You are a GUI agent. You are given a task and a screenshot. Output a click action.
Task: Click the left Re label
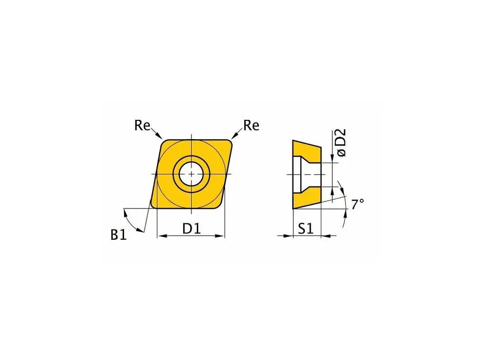tap(142, 125)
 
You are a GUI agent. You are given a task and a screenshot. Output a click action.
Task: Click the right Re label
tap(251, 125)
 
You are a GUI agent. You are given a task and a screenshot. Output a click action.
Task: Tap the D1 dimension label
tap(191, 228)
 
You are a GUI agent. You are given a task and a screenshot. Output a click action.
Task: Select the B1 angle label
tap(118, 235)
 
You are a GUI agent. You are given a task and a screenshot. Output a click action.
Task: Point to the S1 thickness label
tap(305, 228)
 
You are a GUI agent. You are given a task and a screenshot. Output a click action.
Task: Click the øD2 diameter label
tap(342, 143)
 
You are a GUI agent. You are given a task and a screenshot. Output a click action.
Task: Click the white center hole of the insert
tap(191, 174)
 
